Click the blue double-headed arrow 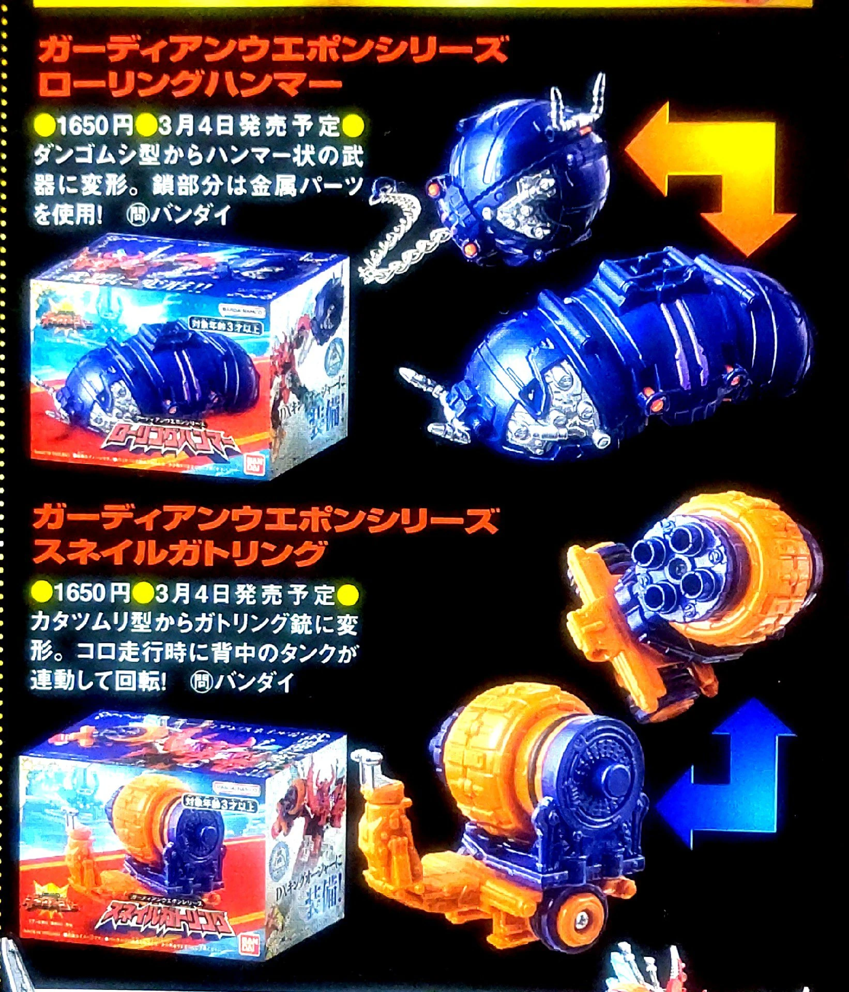pyautogui.click(x=734, y=775)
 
